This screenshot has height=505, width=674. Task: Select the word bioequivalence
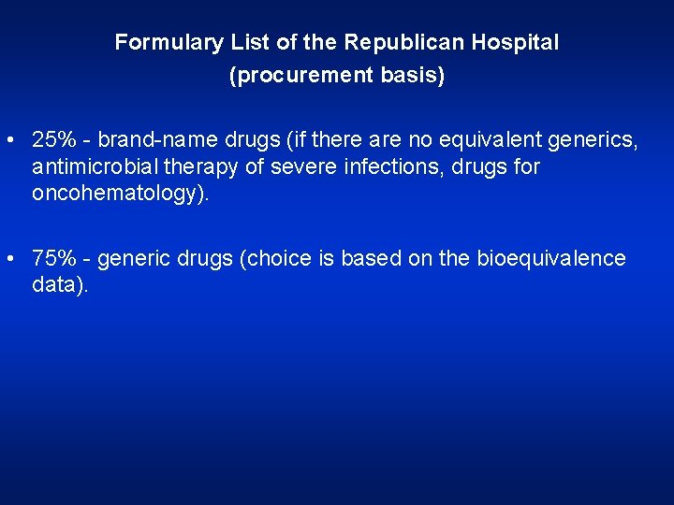pyautogui.click(x=551, y=259)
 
